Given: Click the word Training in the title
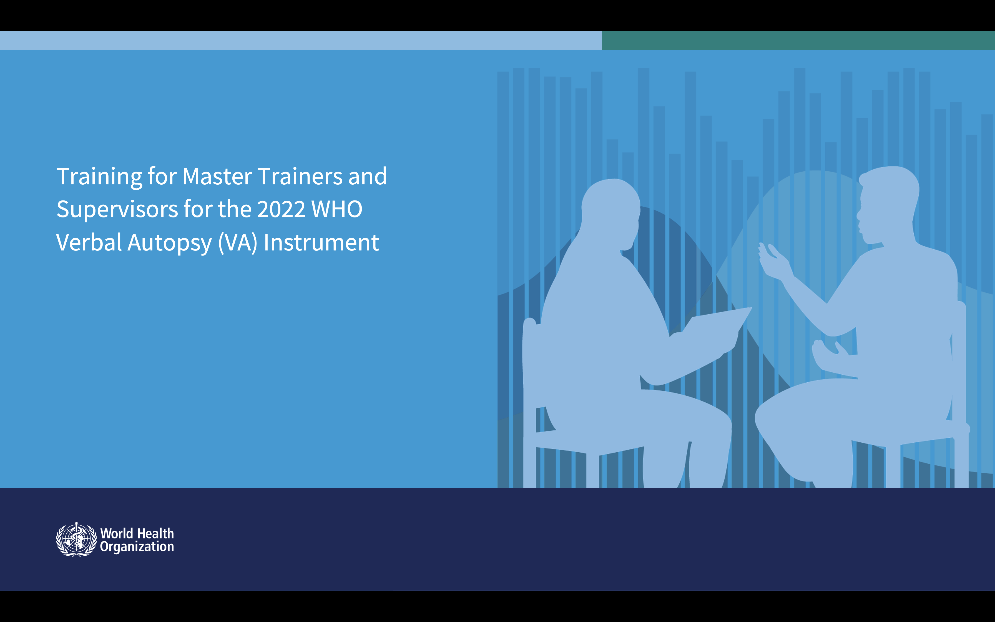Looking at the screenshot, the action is pyautogui.click(x=99, y=177).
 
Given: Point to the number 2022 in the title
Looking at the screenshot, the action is pyautogui.click(x=281, y=209).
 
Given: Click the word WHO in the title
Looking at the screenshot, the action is pyautogui.click(x=337, y=209).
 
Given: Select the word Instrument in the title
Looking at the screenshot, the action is pyautogui.click(x=321, y=242).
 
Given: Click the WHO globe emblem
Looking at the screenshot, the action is pyautogui.click(x=76, y=539).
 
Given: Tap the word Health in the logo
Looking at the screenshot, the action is pyautogui.click(x=156, y=533).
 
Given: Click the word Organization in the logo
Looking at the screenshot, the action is pyautogui.click(x=137, y=547).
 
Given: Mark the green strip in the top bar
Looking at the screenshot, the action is pyautogui.click(x=798, y=40).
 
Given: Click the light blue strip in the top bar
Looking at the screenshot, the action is pyautogui.click(x=301, y=40).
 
